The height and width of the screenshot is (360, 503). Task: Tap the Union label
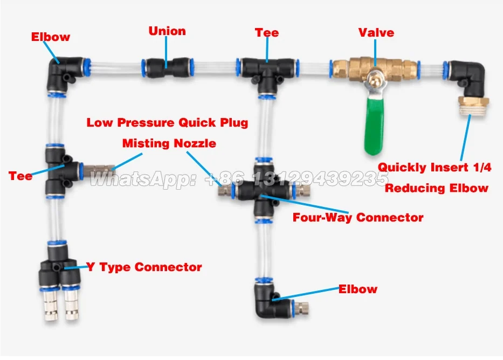pos(167,31)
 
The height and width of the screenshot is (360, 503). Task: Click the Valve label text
pos(376,32)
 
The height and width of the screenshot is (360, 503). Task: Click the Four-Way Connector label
pos(358,218)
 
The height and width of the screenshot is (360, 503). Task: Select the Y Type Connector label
pos(144,267)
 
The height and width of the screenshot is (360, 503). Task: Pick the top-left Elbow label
pos(50,37)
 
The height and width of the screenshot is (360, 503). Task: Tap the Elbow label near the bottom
pos(358,289)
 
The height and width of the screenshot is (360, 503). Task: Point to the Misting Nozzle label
pos(169,143)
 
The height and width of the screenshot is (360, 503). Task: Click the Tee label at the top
pos(267,33)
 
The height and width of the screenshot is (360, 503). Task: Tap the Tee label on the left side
pos(20,176)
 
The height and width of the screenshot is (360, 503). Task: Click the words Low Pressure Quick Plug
pos(167,123)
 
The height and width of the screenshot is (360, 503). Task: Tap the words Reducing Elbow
pos(437,188)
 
